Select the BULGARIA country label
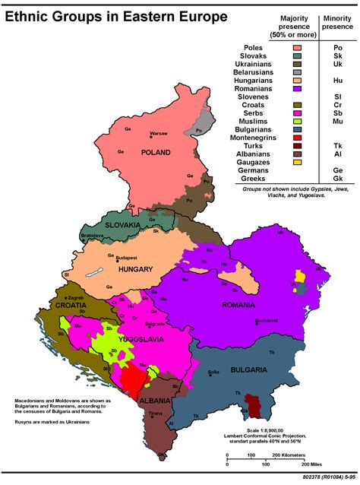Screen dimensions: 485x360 pyautogui.click(x=245, y=369)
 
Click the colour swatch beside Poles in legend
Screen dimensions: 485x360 pyautogui.click(x=298, y=48)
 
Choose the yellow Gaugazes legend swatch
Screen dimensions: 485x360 pyautogui.click(x=298, y=162)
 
